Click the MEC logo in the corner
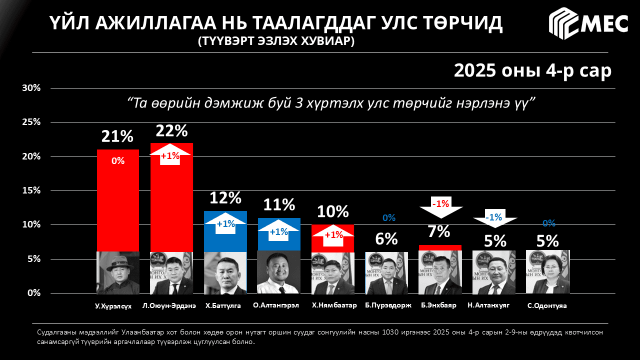588,23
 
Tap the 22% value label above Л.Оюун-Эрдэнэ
171,131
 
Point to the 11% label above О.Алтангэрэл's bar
279,204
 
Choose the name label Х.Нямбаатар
333,305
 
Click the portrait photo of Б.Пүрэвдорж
386,272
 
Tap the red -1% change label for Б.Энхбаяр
440,203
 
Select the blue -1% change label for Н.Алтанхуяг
494,217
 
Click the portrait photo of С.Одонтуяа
548,272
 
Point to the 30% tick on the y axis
31,88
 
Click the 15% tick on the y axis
31,190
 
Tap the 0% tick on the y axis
33,293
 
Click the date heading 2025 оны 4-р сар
532,70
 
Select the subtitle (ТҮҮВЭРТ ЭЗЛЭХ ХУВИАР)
276,41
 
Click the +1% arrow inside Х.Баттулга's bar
225,224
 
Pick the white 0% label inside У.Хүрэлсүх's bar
118,160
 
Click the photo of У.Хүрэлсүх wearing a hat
117,272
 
